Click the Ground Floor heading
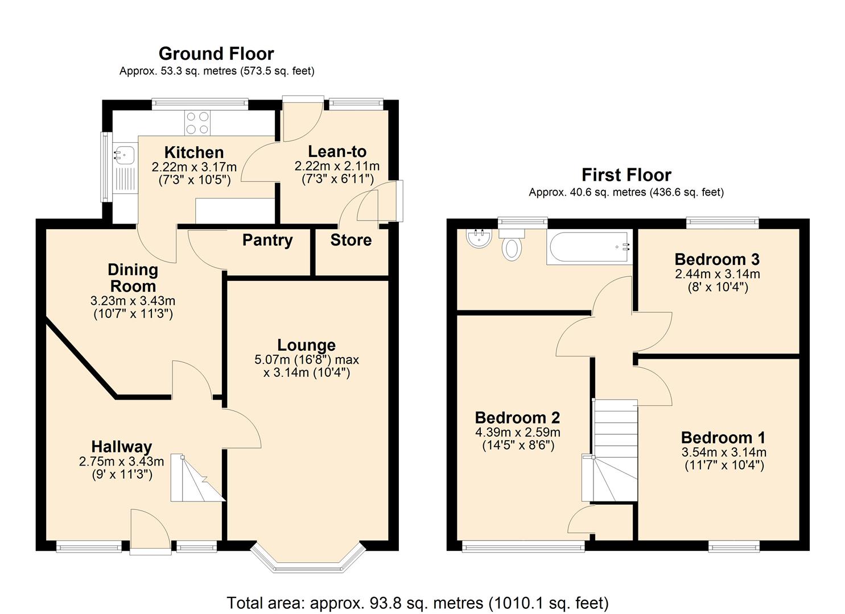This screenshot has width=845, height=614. pyautogui.click(x=216, y=53)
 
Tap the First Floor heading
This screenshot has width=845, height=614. pyautogui.click(x=626, y=175)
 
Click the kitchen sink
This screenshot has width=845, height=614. pyautogui.click(x=124, y=153)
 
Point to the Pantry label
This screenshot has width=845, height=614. pyautogui.click(x=267, y=240)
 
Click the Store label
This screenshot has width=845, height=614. pyautogui.click(x=351, y=240)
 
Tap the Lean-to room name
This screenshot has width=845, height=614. pyautogui.click(x=337, y=152)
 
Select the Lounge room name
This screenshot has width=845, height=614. pyautogui.click(x=306, y=345)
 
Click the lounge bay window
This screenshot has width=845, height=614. pyautogui.click(x=308, y=560)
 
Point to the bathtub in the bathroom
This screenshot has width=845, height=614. pyautogui.click(x=589, y=247)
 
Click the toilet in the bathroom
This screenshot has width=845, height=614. pyautogui.click(x=512, y=244)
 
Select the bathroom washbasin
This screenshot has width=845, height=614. pyautogui.click(x=479, y=238)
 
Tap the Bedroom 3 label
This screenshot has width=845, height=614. pyautogui.click(x=716, y=259)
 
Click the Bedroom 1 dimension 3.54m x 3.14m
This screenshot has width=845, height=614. pyautogui.click(x=723, y=453)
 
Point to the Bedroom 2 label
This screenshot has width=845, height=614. pyautogui.click(x=517, y=418)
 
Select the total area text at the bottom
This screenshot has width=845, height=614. pyautogui.click(x=418, y=603)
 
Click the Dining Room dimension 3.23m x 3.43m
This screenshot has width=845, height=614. pyautogui.click(x=133, y=301)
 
